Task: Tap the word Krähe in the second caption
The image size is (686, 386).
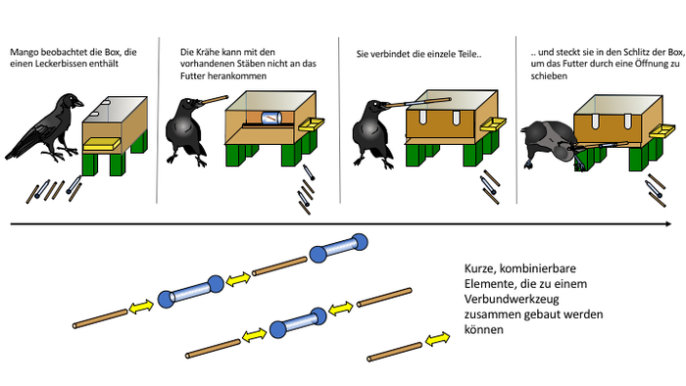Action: [x=208, y=52]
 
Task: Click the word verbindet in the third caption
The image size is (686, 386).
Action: [x=390, y=55]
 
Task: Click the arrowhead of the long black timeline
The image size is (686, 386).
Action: [x=668, y=223]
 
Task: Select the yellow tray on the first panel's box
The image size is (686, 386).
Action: [x=102, y=144]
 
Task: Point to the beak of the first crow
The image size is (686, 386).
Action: [x=77, y=103]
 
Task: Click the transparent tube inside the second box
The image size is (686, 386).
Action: [x=271, y=118]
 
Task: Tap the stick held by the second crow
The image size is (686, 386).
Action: [x=216, y=100]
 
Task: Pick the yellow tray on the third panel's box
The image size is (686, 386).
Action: [x=492, y=124]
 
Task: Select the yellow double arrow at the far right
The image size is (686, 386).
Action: [x=437, y=339]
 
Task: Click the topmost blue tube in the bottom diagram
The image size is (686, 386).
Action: [x=338, y=248]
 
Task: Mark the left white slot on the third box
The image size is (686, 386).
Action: [x=423, y=117]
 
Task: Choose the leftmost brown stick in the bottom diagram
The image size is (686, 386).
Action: [x=100, y=318]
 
